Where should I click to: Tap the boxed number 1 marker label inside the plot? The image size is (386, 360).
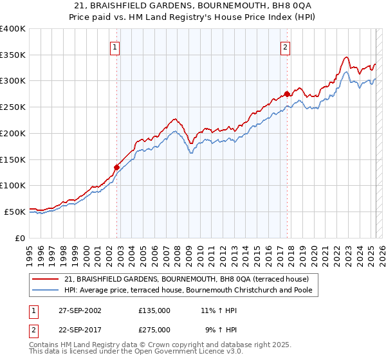[115, 46]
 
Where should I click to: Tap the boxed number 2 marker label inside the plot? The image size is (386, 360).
[285, 46]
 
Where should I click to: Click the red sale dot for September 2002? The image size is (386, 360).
[116, 167]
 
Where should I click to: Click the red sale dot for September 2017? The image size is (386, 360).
[287, 94]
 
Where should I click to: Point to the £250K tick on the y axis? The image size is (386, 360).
[13, 107]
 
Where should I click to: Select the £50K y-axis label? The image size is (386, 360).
[15, 212]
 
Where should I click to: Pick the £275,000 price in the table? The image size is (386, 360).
[154, 329]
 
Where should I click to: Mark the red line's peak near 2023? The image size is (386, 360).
[346, 57]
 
